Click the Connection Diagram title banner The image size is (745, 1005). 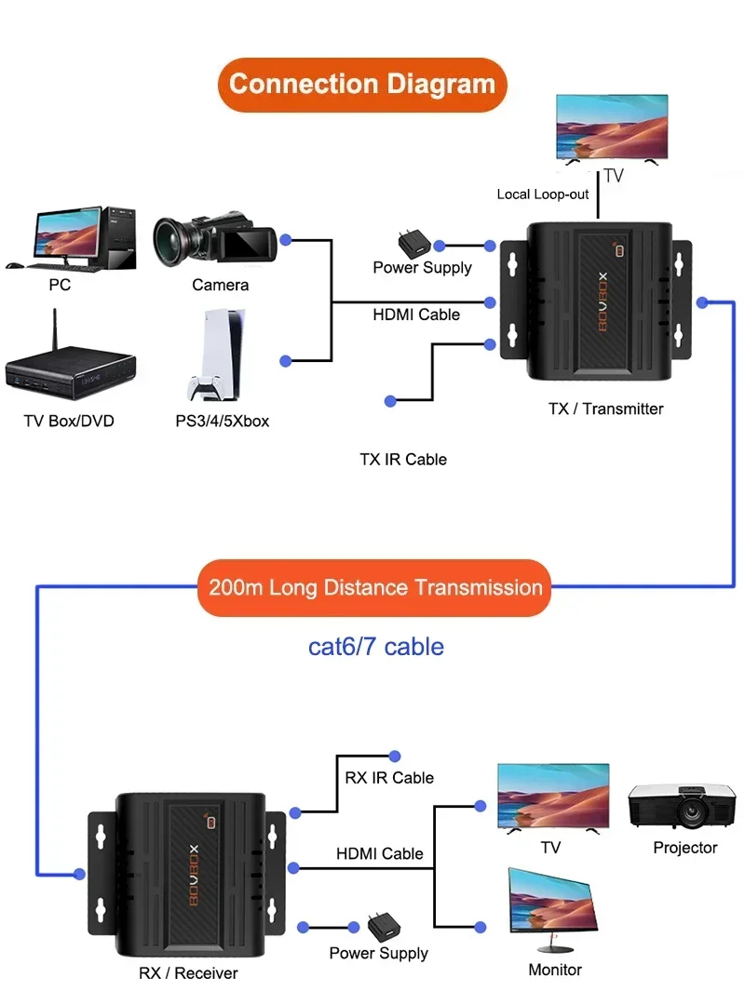click(x=362, y=85)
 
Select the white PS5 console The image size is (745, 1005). click(x=214, y=355)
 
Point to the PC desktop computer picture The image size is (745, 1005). click(x=71, y=239)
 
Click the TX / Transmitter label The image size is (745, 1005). click(x=605, y=409)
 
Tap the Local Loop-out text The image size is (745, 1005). click(x=542, y=194)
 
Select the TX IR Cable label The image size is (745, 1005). click(x=403, y=460)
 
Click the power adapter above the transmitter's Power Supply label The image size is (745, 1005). click(x=413, y=244)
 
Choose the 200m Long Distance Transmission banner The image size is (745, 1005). click(x=374, y=588)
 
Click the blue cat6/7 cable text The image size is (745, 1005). click(x=376, y=647)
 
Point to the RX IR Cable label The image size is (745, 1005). click(x=389, y=778)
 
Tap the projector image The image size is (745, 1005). click(x=682, y=805)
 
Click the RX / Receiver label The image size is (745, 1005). click(x=188, y=973)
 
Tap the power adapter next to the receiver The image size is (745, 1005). click(x=384, y=927)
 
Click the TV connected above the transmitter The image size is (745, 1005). click(x=612, y=128)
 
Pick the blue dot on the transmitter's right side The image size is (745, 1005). click(x=703, y=302)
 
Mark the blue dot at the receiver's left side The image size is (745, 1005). click(x=79, y=874)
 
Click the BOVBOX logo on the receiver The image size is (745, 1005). click(x=194, y=875)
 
